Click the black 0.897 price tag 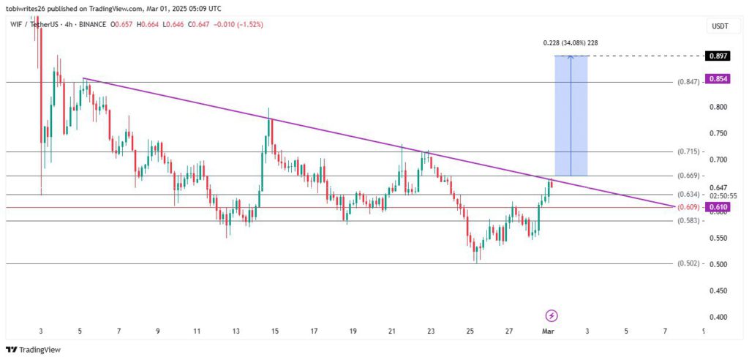point(718,56)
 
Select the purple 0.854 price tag point(718,79)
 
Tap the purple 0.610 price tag point(718,208)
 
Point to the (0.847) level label point(688,83)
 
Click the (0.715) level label point(688,152)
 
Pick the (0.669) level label point(688,176)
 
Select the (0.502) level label point(688,263)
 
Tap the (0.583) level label point(688,220)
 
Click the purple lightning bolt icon point(552,315)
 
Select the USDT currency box point(718,26)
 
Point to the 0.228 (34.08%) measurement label point(571,43)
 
